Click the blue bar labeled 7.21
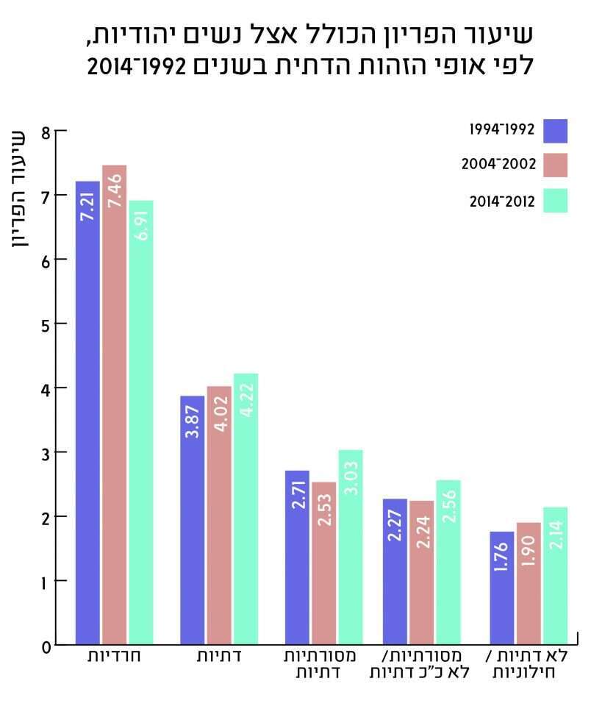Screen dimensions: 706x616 (x=87, y=412)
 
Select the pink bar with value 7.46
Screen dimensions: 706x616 (x=114, y=404)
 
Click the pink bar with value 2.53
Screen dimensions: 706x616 (x=323, y=563)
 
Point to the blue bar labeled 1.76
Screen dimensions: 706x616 (x=502, y=588)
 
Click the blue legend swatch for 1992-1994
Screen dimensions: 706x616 (x=555, y=131)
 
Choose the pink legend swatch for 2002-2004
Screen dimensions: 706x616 (x=555, y=165)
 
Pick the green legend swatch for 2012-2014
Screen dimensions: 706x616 (x=555, y=201)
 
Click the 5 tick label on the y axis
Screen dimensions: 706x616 (x=46, y=324)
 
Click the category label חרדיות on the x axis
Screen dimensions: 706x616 (x=113, y=656)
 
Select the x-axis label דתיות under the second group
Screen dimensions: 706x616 (x=219, y=656)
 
